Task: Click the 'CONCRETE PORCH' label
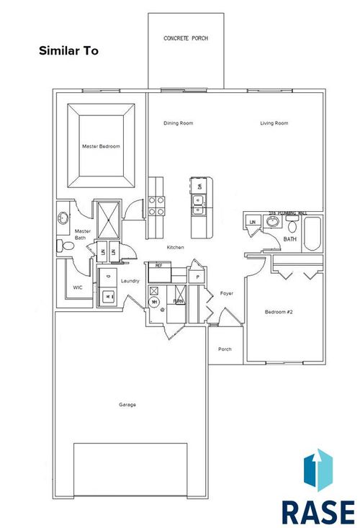click(x=186, y=38)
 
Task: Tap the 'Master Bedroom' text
click(x=101, y=146)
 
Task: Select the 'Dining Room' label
click(x=178, y=123)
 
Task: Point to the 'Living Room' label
click(x=274, y=123)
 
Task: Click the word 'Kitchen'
click(x=176, y=247)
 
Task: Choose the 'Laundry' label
click(x=130, y=281)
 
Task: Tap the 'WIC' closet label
click(x=78, y=287)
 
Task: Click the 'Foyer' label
click(x=227, y=294)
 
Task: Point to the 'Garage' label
click(x=127, y=404)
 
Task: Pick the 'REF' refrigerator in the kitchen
click(x=159, y=265)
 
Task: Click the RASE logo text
click(x=318, y=509)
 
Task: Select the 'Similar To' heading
click(x=68, y=51)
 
